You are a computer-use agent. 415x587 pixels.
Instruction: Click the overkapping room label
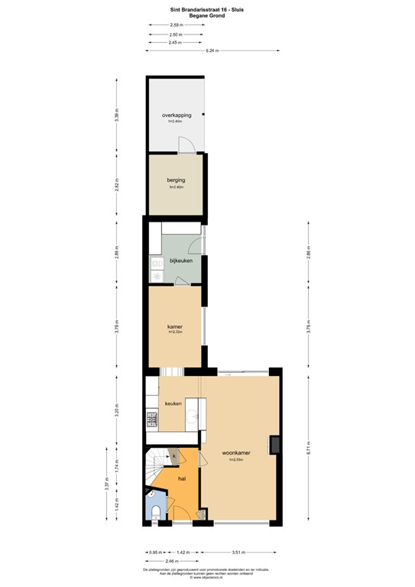click(177, 115)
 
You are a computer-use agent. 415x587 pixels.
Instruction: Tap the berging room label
click(177, 180)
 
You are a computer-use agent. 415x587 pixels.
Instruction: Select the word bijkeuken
click(180, 261)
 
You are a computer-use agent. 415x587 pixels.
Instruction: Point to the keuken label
click(173, 403)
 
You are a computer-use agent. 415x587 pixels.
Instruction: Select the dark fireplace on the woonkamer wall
click(274, 445)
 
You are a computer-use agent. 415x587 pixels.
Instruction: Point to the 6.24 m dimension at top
click(212, 50)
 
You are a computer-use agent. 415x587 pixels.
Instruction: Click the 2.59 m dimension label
click(176, 26)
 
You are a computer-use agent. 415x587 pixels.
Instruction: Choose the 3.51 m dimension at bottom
click(242, 551)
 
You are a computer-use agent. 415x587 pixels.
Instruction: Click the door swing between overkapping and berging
click(183, 145)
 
